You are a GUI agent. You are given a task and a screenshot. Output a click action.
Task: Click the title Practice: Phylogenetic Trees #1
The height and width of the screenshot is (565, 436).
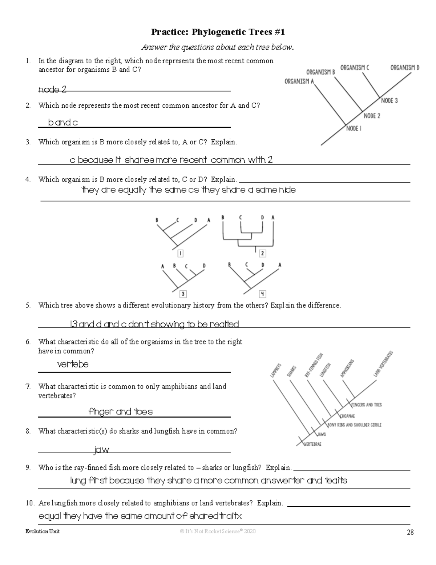pyautogui.click(x=218, y=32)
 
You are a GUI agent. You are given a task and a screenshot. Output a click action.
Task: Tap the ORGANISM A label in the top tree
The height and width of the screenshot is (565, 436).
pyautogui.click(x=299, y=81)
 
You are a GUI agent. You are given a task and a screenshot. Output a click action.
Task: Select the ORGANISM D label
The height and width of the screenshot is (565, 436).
pyautogui.click(x=405, y=68)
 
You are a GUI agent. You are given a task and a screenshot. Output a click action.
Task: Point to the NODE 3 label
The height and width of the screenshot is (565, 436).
pyautogui.click(x=389, y=101)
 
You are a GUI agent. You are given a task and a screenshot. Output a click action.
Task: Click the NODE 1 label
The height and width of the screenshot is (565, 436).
pyautogui.click(x=354, y=128)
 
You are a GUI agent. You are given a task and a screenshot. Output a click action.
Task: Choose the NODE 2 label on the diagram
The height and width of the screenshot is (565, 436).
pyautogui.click(x=372, y=116)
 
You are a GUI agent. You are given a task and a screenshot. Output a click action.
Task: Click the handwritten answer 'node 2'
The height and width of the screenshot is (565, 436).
pyautogui.click(x=52, y=89)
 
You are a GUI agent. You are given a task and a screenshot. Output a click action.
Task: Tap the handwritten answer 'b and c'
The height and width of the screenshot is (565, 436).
pyautogui.click(x=63, y=123)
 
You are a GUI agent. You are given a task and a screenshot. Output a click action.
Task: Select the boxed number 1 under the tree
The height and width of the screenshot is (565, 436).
pyautogui.click(x=180, y=254)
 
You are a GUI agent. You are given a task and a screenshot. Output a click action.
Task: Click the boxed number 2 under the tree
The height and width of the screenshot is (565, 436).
pyautogui.click(x=262, y=254)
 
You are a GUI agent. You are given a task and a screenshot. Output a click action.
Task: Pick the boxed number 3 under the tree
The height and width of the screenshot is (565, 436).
pyautogui.click(x=183, y=294)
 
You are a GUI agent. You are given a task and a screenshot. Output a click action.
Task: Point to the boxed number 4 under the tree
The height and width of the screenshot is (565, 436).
pyautogui.click(x=262, y=294)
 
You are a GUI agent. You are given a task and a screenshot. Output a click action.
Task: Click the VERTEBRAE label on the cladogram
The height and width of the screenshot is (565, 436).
pyautogui.click(x=312, y=444)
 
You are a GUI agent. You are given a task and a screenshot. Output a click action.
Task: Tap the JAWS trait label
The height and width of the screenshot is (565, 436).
pyautogui.click(x=321, y=434)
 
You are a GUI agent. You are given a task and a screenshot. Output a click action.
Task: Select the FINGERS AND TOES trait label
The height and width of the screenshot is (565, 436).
pyautogui.click(x=366, y=405)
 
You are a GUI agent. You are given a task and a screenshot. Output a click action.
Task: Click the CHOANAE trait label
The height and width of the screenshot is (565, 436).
pyautogui.click(x=347, y=416)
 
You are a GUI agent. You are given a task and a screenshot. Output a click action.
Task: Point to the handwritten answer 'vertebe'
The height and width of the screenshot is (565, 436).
pyautogui.click(x=73, y=364)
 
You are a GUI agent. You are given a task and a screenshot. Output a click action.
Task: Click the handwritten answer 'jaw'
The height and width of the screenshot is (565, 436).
pyautogui.click(x=102, y=450)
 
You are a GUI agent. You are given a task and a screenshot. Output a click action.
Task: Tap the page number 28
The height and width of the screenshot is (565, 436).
pyautogui.click(x=410, y=532)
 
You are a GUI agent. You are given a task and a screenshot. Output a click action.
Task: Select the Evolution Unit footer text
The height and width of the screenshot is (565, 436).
pyautogui.click(x=43, y=531)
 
